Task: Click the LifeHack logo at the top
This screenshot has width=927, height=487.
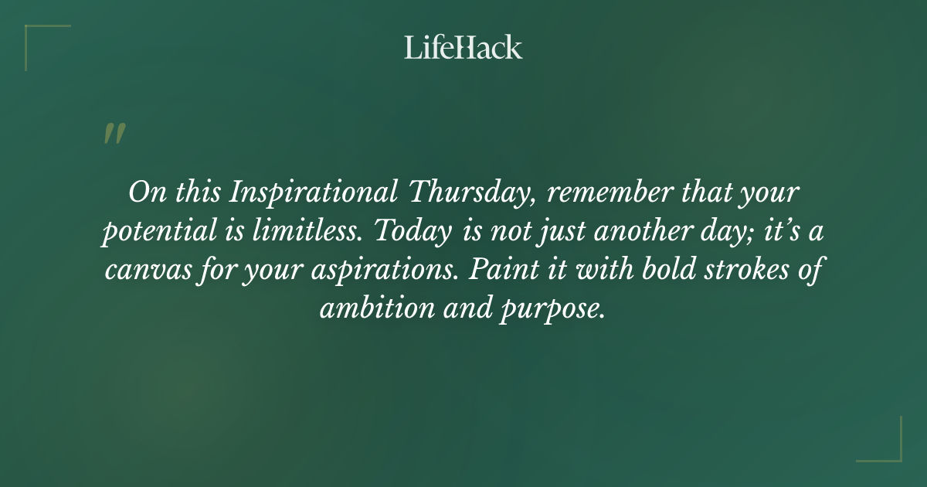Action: click(463, 47)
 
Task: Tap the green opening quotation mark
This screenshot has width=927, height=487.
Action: click(114, 134)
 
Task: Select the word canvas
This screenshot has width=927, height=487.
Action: click(141, 271)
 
